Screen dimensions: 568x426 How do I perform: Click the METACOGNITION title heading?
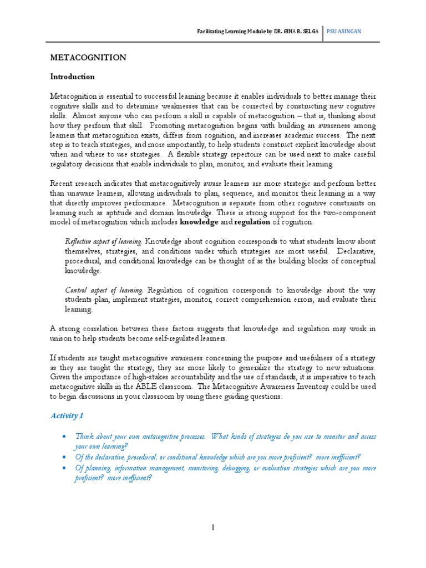click(89, 58)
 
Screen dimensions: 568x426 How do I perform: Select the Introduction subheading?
click(73, 77)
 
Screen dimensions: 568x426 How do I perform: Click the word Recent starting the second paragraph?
click(62, 184)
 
